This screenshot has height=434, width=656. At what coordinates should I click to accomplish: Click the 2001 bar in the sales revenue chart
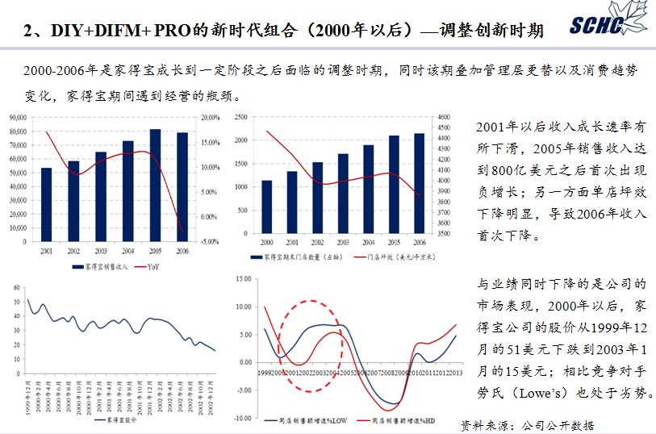pos(46,203)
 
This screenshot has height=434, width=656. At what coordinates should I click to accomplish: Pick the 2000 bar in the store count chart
pos(267,207)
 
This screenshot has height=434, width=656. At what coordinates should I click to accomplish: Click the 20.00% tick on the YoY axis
pos(209,118)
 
